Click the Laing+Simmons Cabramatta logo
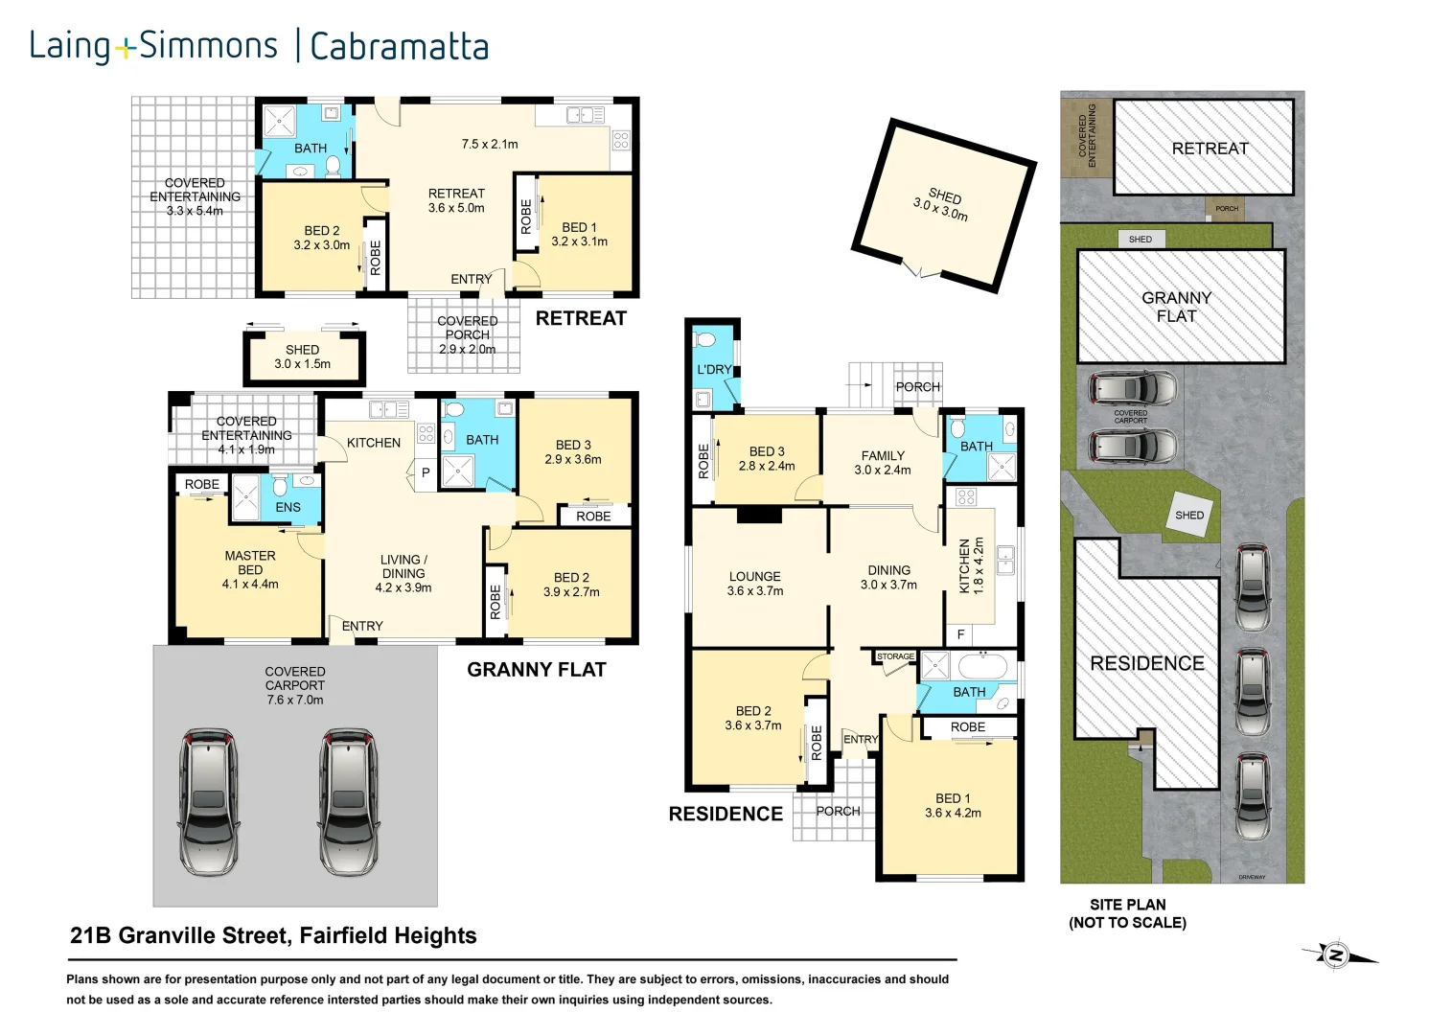[259, 46]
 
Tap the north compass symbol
[1336, 954]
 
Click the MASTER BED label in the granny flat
[250, 569]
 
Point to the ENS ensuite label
[288, 507]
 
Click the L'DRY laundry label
[713, 369]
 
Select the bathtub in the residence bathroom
[982, 665]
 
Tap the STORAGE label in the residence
[895, 656]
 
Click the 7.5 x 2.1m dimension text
[489, 144]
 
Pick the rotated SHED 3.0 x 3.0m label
[942, 203]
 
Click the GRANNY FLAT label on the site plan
[1176, 307]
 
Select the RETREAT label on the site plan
[1210, 149]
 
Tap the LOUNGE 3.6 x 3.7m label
[754, 584]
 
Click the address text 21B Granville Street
[273, 935]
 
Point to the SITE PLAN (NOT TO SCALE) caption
[1127, 913]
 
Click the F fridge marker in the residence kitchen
[960, 634]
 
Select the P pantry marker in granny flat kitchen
[426, 472]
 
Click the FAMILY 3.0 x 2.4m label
[882, 463]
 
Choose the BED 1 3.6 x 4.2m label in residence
[953, 805]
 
